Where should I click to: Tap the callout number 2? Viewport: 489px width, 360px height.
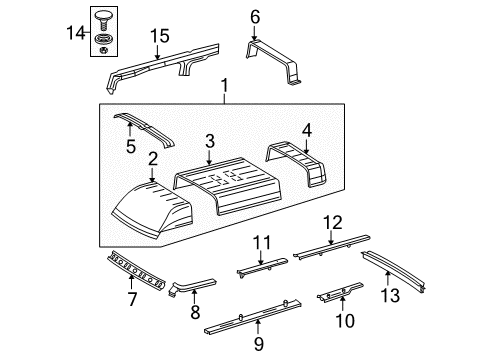[152, 158]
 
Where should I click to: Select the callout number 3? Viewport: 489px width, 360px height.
[208, 139]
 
